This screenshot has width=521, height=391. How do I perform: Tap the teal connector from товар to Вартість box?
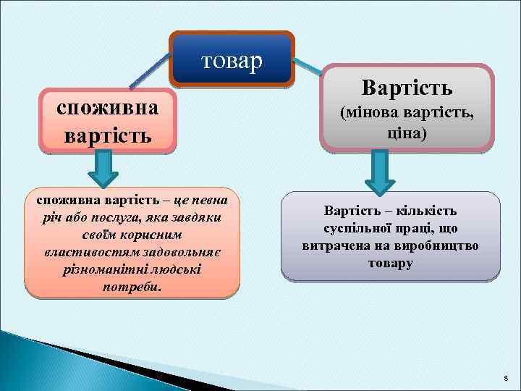click(x=310, y=67)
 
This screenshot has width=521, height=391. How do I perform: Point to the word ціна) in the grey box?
click(x=407, y=134)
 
